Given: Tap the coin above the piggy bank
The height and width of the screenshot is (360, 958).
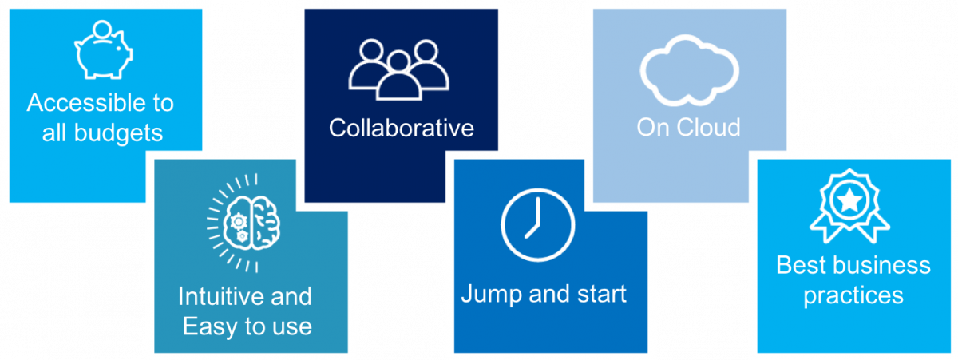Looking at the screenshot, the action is [102, 30].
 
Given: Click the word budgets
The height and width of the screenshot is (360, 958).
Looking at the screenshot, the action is [118, 133].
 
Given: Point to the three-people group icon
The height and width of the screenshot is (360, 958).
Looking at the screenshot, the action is [398, 70].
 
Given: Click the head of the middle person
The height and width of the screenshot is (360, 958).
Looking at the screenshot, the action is [398, 62].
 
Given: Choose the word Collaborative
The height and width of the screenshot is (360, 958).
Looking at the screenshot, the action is [401, 128].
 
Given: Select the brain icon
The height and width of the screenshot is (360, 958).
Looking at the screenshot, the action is [252, 224].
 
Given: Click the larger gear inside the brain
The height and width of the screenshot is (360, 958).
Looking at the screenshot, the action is [238, 222].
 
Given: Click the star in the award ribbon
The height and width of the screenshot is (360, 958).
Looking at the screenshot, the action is [849, 200].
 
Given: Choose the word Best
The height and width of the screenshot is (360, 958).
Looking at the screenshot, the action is [802, 265].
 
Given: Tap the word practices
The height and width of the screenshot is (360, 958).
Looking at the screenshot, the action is [853, 296].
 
